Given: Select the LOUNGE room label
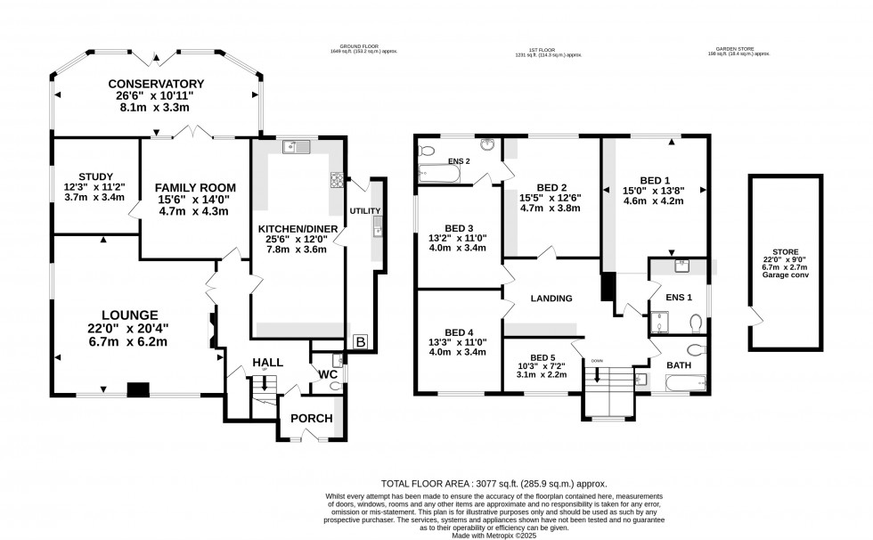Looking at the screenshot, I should pos(130,315).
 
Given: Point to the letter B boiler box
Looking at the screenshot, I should pos(361,340).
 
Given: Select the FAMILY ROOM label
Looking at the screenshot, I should pos(195,187).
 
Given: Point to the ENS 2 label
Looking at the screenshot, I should pos(459,161).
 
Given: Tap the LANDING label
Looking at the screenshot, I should pos(551,299).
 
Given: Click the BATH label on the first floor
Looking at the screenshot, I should pos(680,364).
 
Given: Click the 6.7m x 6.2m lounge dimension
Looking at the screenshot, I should pos(130,341).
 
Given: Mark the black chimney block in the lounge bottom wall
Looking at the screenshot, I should pos(137,389).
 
